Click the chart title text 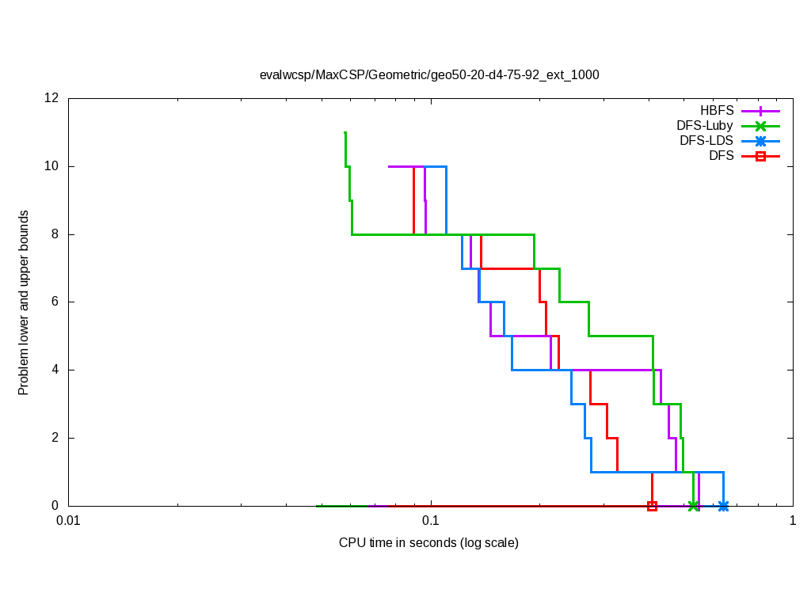[429, 75]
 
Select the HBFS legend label [717, 110]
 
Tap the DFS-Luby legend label [705, 125]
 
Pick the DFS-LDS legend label [706, 141]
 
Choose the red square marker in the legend [760, 156]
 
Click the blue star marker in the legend [760, 141]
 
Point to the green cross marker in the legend [760, 125]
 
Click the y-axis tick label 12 [52, 98]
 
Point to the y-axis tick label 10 [52, 166]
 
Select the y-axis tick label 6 [55, 302]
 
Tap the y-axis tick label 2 [55, 438]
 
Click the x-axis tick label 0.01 [68, 521]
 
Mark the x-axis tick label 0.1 [430, 521]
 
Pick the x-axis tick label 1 [792, 521]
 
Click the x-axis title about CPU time [428, 543]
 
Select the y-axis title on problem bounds [24, 302]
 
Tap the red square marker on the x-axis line [652, 506]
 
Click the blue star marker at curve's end [723, 506]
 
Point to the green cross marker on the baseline [693, 506]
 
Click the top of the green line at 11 [345, 133]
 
